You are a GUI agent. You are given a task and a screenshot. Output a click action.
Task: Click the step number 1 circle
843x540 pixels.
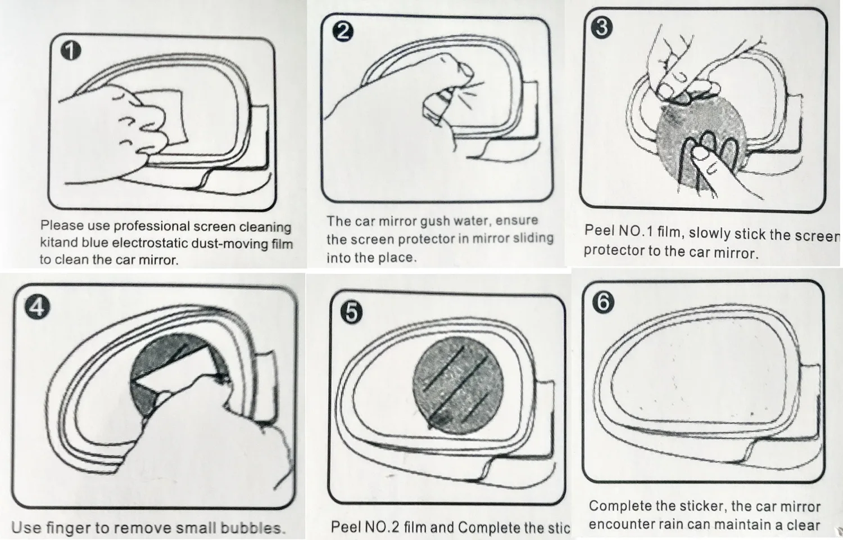70,51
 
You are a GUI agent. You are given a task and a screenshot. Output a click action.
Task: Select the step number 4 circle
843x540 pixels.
38,307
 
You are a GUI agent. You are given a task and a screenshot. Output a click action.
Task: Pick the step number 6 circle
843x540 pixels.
603,302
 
